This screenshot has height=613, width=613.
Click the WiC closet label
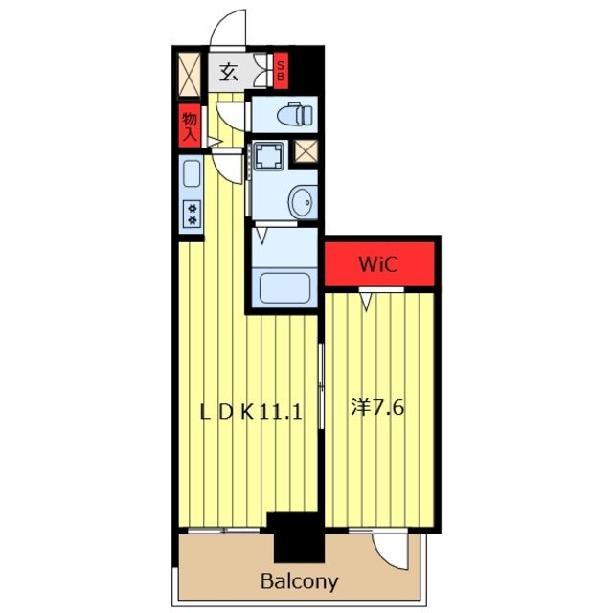378,264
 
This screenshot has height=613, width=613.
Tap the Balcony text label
299,581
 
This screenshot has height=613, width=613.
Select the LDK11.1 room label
251,412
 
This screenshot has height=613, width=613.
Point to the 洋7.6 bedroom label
377,408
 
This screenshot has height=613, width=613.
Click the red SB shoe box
281,70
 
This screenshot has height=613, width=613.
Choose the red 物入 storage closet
190,125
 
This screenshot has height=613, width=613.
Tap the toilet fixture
295,114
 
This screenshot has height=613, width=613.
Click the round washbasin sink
304,202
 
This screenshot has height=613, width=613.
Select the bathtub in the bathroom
285,288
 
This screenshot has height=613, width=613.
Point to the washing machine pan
268,155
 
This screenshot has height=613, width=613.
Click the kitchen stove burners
192,215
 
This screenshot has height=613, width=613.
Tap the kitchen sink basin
192,173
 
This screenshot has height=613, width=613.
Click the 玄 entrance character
228,72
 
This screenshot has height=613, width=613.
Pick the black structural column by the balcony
297,537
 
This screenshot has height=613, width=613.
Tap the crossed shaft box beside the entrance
190,75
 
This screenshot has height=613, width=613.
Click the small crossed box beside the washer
306,151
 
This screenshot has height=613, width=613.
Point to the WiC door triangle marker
366,302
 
